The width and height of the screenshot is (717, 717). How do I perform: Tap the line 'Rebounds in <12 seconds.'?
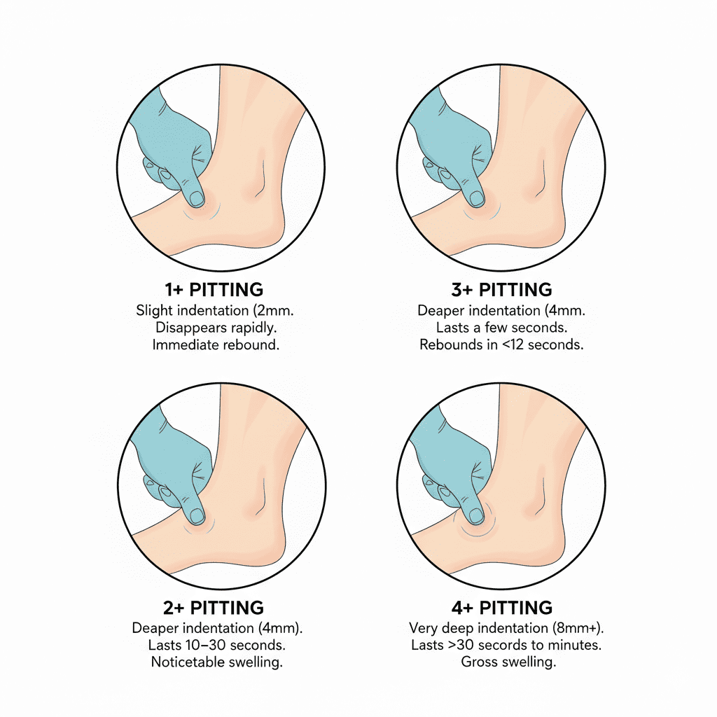click(501, 344)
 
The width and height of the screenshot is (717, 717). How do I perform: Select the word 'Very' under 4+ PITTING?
click(424, 627)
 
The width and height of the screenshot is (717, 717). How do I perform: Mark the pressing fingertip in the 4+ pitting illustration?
click(477, 517)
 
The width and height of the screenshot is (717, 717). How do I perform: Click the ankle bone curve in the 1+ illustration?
click(260, 183)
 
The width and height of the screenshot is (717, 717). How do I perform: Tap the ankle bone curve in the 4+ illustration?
click(540, 502)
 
